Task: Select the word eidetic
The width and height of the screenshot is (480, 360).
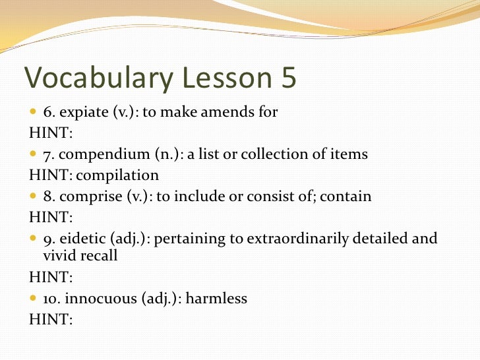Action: tap(86, 239)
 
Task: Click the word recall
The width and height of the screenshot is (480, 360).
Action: tap(98, 256)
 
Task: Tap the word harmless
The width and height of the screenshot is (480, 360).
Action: tap(217, 299)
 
